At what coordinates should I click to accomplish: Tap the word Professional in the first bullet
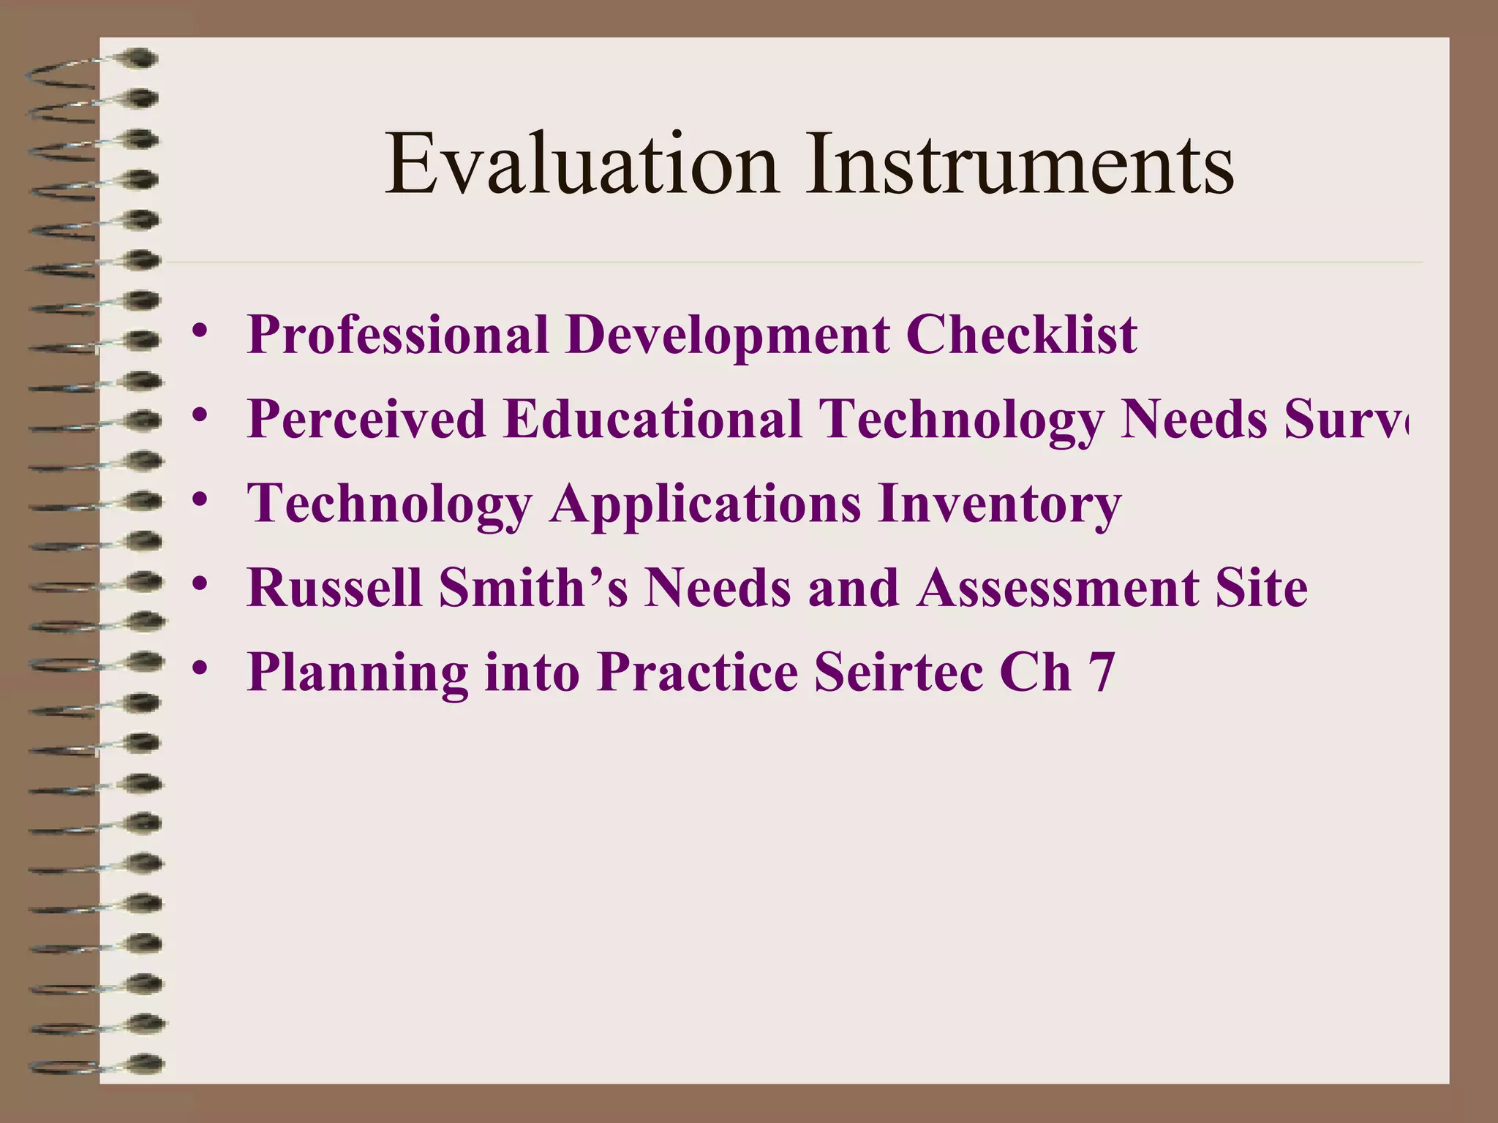click(x=397, y=335)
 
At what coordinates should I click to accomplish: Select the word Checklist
click(x=1021, y=335)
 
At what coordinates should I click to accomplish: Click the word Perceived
click(x=366, y=420)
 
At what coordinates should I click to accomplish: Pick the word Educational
click(x=652, y=420)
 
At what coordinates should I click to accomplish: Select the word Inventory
click(x=999, y=504)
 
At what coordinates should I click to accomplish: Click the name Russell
click(x=334, y=588)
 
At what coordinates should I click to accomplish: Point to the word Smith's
click(x=532, y=588)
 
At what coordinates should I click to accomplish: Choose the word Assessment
click(x=1057, y=588)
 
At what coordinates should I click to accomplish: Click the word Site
click(x=1261, y=588)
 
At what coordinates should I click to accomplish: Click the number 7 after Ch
click(x=1102, y=673)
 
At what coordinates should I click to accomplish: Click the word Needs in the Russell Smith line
click(x=717, y=588)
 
